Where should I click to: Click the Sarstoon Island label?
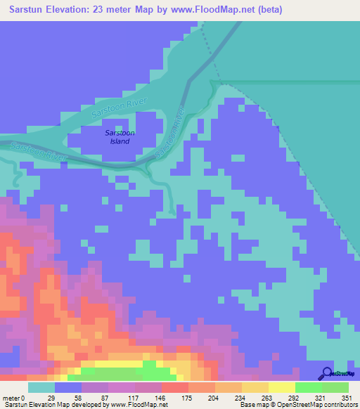click(x=120, y=137)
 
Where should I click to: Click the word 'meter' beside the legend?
click(x=12, y=397)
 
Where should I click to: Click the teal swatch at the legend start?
click(x=41, y=387)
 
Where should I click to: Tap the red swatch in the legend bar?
click(x=174, y=387)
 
